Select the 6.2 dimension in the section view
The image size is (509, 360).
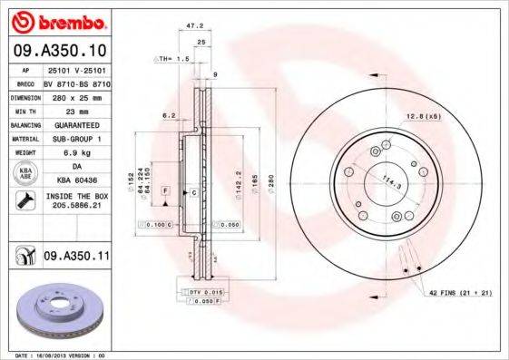(169, 116)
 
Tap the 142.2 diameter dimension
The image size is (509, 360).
(237, 185)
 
